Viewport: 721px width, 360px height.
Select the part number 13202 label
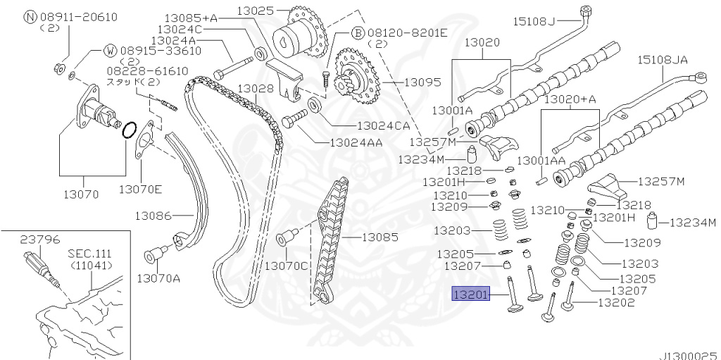(616, 304)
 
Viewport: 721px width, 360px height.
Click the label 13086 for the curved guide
(153, 214)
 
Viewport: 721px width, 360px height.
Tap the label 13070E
(141, 190)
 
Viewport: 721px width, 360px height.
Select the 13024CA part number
(383, 125)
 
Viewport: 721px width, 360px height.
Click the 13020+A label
(570, 99)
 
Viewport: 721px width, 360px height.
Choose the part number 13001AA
(541, 161)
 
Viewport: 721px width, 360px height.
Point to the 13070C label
(287, 266)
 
